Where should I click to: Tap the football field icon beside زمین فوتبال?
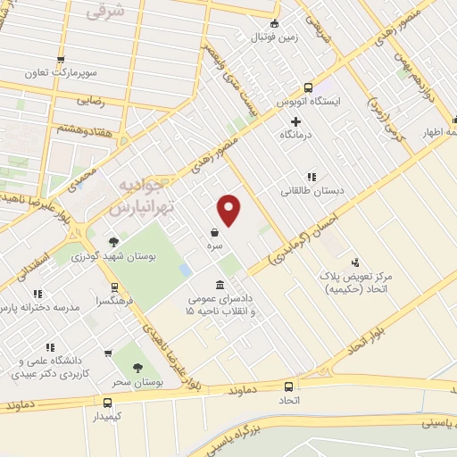click(274, 23)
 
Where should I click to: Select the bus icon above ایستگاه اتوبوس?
click(309, 88)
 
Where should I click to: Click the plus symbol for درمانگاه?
click(295, 120)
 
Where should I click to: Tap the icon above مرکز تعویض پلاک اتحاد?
click(355, 262)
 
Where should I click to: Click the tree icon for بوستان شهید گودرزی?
click(113, 241)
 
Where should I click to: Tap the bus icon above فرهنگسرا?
click(114, 288)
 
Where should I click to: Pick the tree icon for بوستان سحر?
click(137, 368)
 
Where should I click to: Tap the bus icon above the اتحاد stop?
click(288, 386)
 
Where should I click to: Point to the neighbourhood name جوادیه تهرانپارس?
click(140, 195)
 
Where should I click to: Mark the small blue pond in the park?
click(185, 268)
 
